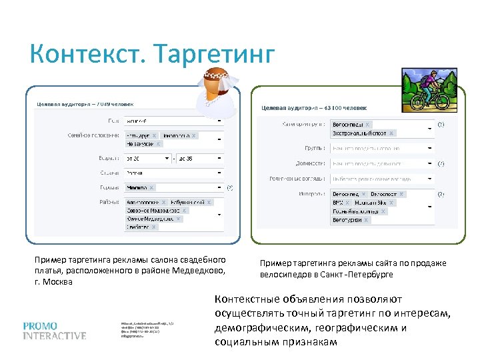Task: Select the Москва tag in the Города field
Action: coord(140,188)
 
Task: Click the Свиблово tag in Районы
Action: coord(142,227)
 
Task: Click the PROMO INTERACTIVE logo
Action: coord(54,331)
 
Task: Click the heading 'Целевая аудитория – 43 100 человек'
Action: coord(313,107)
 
